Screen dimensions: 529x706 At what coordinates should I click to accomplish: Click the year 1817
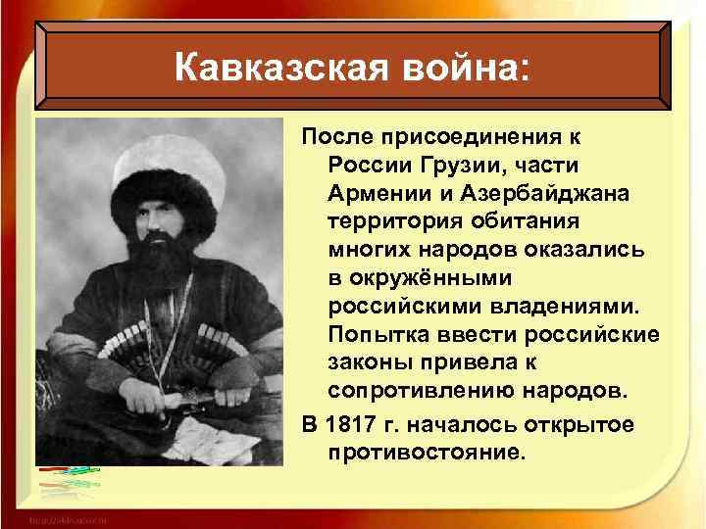[351, 423]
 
